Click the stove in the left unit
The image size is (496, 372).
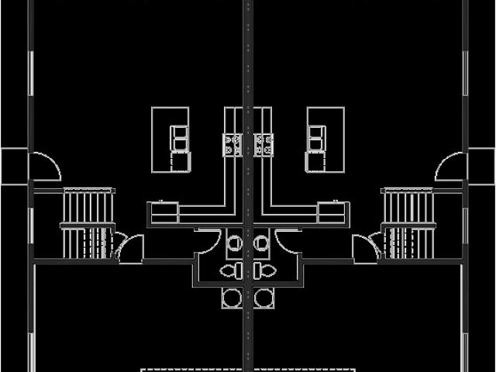pos(232,144)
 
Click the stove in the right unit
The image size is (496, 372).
pos(263,144)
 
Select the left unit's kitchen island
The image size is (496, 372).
pos(170,139)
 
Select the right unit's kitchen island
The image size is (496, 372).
pos(325,139)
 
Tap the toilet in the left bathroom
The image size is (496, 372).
pos(231,270)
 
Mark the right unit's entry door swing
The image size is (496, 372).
pos(451,167)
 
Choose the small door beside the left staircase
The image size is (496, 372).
pos(130,248)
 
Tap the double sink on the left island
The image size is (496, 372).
pos(180,140)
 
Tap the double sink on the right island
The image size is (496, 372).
pos(315,140)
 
